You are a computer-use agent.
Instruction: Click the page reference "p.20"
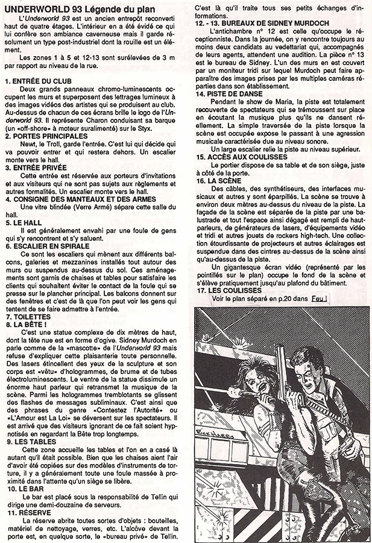pyautogui.click(x=291, y=298)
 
